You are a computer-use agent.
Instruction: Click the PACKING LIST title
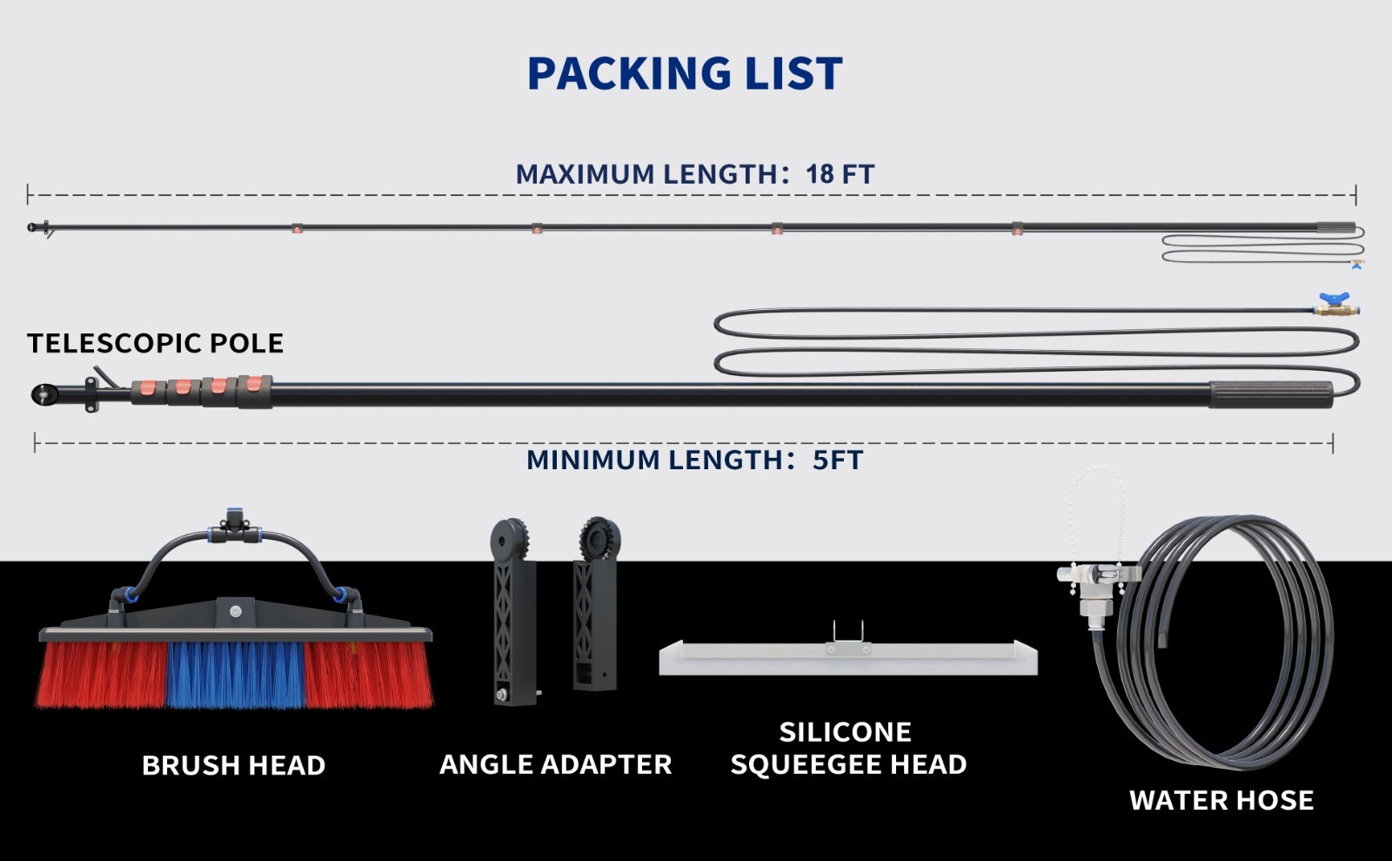coord(685,73)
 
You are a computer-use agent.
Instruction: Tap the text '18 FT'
coord(840,174)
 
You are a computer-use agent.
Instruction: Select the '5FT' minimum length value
coord(838,460)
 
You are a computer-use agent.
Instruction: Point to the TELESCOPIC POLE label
coord(156,343)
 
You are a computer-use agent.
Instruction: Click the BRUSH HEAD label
coord(234,765)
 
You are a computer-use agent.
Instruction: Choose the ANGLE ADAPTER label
coord(556,764)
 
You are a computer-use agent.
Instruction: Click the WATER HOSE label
coord(1221,800)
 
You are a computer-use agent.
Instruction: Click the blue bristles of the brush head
coord(236,675)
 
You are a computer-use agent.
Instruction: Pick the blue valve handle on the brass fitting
coord(1334,298)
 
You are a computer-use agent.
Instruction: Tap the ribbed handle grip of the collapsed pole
coord(1271,394)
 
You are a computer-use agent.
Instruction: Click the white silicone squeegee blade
coord(848,661)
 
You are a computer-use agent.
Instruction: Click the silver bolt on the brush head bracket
coord(236,612)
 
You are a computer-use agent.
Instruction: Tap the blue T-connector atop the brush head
coord(234,527)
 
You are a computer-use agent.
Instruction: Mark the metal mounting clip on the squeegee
coord(847,638)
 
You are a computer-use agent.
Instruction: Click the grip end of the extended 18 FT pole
coord(1336,227)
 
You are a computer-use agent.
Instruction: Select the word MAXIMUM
coord(585,174)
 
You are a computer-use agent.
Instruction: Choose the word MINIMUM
coord(592,460)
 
